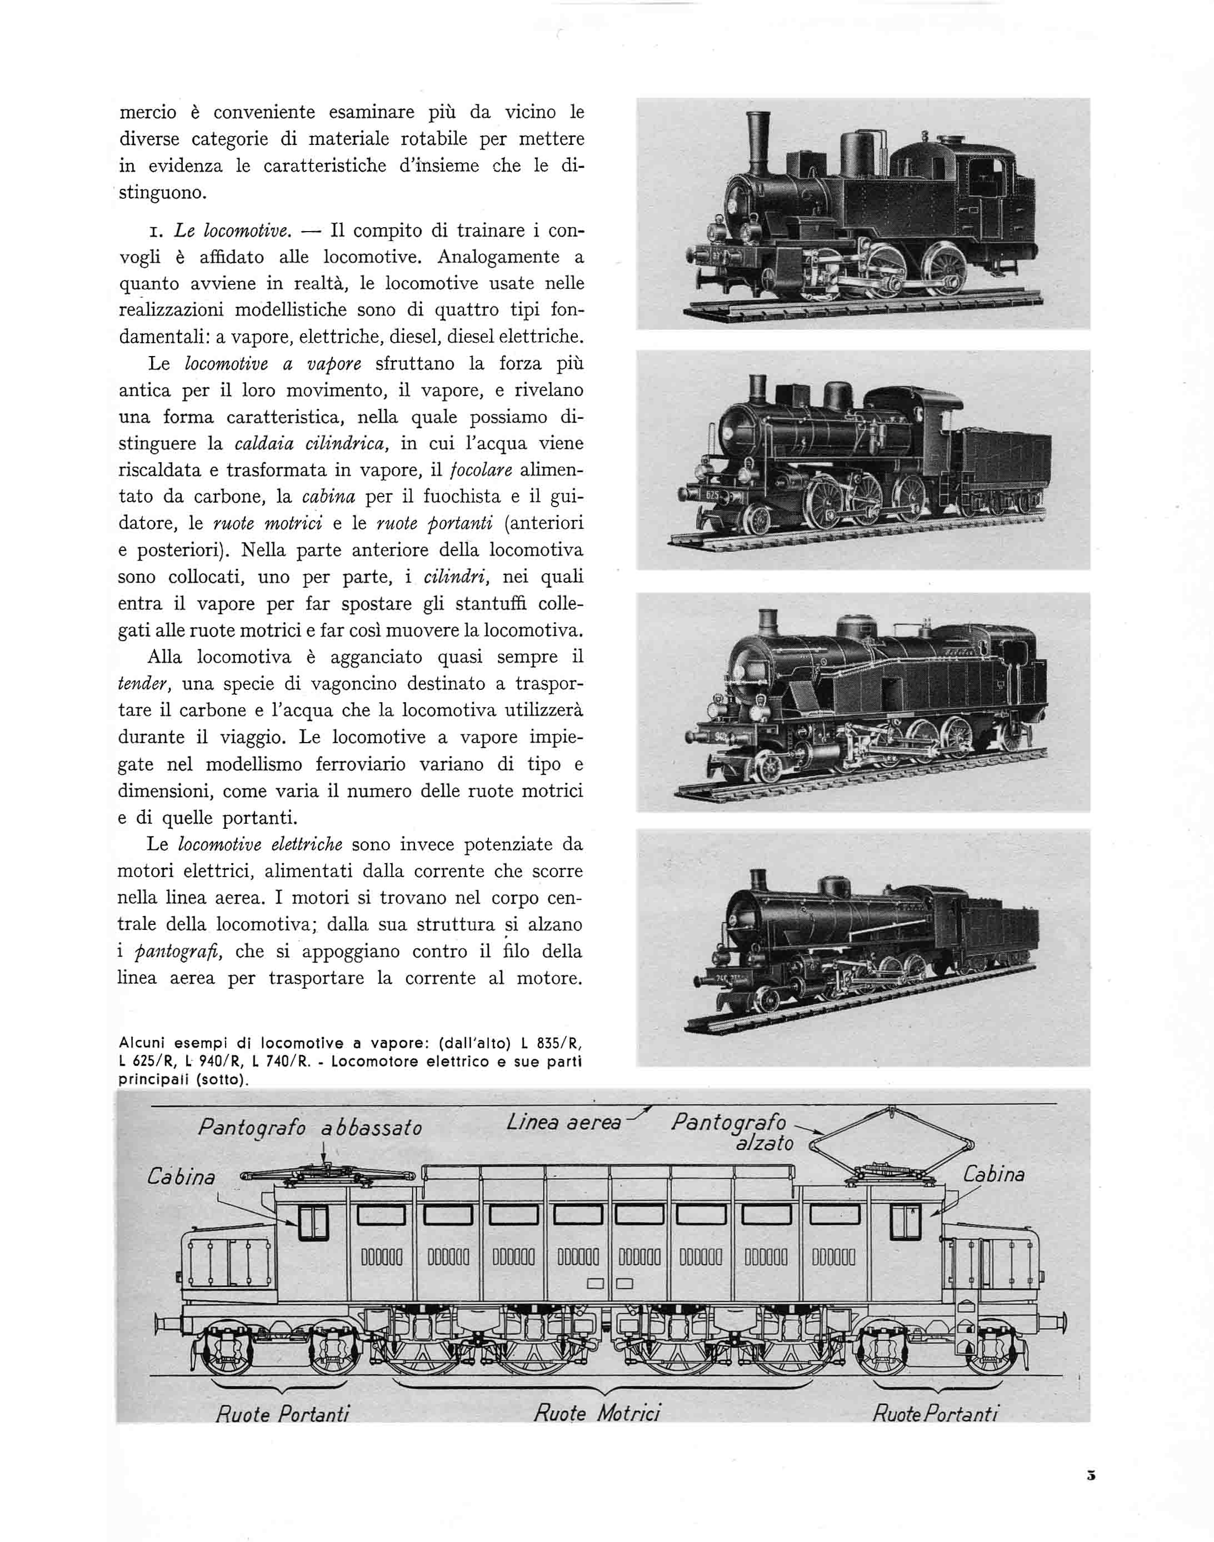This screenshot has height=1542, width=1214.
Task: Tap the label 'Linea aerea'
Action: point(563,1122)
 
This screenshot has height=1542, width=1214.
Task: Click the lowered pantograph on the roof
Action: point(326,1175)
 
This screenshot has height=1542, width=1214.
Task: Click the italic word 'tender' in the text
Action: point(142,684)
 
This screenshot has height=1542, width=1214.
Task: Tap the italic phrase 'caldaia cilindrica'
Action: point(310,443)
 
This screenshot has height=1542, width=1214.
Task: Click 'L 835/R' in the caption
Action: point(551,1044)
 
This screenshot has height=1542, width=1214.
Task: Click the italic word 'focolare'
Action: point(481,470)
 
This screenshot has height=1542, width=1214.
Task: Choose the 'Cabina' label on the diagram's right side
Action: point(993,1174)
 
